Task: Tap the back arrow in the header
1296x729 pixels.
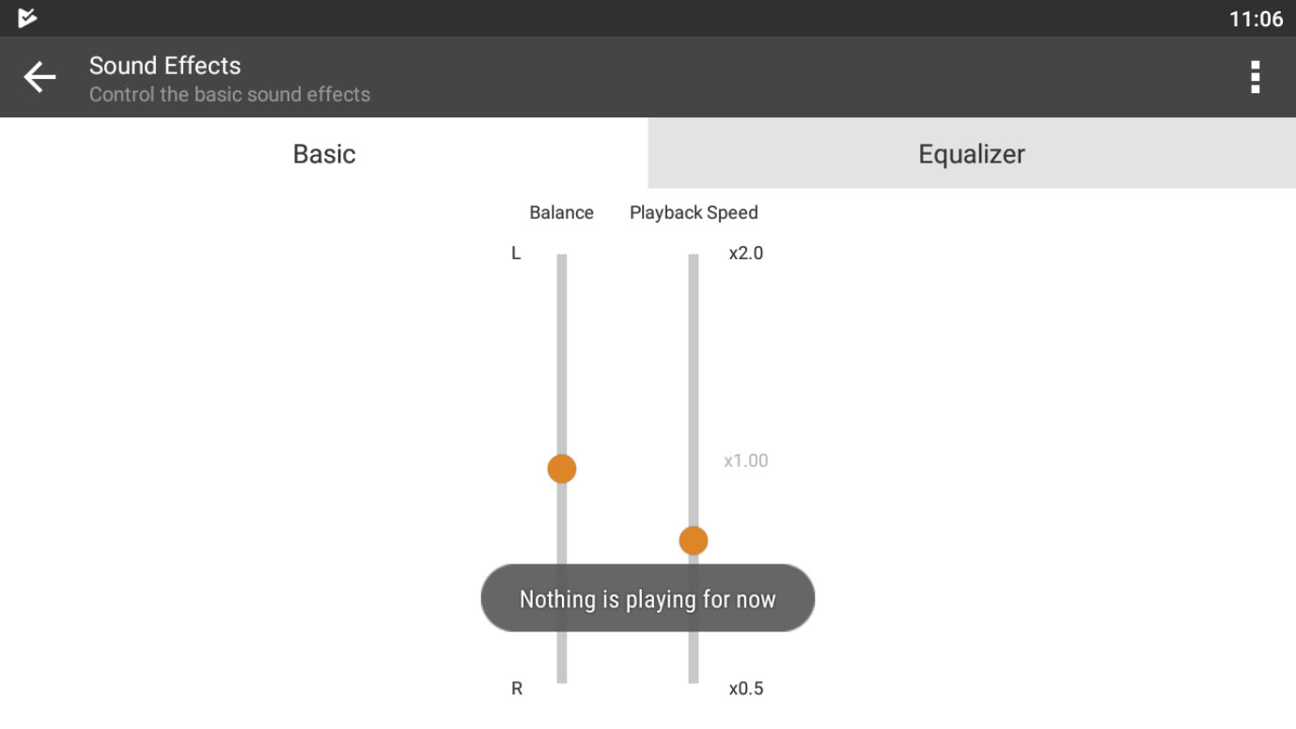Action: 39,76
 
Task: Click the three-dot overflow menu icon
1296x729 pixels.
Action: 1255,77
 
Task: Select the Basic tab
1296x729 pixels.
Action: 324,153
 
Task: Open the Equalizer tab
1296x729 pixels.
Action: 972,153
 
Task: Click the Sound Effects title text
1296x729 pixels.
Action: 164,66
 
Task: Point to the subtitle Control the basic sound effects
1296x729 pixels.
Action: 229,94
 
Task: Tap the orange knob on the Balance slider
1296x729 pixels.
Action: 562,468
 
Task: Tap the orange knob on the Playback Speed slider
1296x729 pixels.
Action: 694,540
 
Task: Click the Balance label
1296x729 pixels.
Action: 561,212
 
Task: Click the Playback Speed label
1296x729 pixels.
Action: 694,212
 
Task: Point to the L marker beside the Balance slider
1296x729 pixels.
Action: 516,254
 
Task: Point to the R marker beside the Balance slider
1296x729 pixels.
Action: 517,689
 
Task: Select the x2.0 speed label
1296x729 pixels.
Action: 746,254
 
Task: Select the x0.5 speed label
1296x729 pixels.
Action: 746,689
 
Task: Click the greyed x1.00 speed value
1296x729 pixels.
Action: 746,460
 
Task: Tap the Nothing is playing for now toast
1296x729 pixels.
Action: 648,597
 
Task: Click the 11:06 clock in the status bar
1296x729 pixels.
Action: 1257,19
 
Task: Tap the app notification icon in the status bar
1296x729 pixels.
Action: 26,18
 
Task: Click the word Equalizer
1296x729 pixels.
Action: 972,154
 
